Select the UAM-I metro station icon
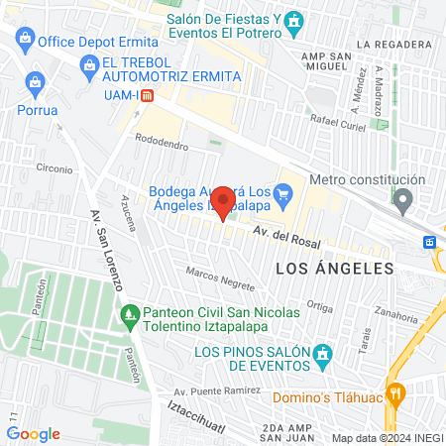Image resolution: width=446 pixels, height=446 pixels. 147,96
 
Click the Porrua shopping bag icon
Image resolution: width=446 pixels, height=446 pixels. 37,81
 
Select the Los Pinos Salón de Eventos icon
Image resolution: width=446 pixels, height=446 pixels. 322,354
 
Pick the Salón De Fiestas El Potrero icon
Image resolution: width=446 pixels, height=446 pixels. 293,21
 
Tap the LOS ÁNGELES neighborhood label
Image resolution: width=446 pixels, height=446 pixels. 334,269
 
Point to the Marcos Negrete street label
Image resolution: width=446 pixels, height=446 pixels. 215,277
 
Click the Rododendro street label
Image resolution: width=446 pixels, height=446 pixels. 162,144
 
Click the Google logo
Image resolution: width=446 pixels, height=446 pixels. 34,433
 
